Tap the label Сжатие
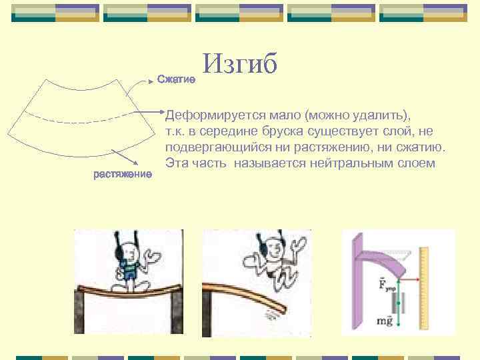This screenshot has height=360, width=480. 175,80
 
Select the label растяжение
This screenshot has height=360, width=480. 123,175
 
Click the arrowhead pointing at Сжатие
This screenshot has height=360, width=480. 150,81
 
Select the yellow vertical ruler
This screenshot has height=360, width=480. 423,287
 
